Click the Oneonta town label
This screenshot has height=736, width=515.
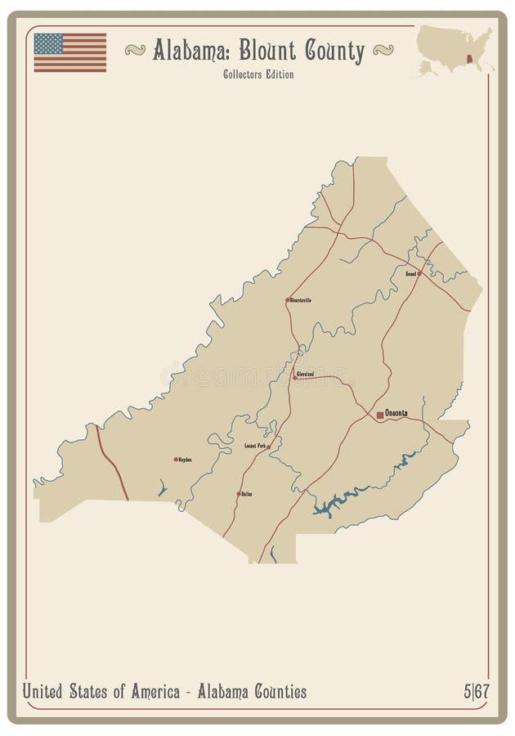[x=396, y=415]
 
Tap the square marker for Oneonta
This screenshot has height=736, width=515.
[x=379, y=415]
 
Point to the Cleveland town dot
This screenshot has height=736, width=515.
[x=295, y=377]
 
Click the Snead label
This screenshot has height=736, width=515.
[x=410, y=274]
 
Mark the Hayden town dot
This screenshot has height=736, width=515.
[x=175, y=460]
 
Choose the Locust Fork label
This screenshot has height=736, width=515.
[x=255, y=446]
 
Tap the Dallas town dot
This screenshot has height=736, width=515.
[x=238, y=494]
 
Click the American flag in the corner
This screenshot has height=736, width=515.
[x=69, y=52]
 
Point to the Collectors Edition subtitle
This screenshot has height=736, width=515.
[x=257, y=74]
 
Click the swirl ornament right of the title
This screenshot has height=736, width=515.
[x=383, y=51]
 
